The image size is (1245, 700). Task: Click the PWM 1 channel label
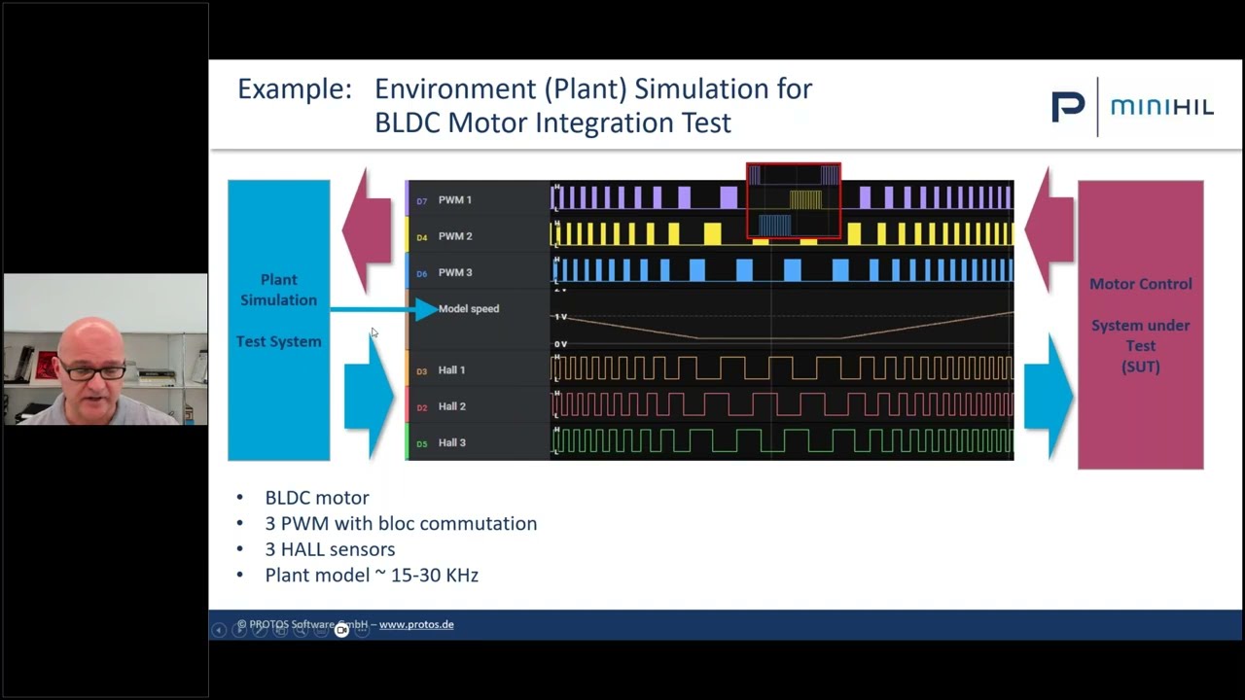coord(454,200)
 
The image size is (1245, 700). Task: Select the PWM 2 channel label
coord(454,236)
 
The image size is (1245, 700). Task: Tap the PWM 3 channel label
coord(454,273)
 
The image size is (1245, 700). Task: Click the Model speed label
coord(468,309)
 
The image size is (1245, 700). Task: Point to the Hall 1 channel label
coord(451,370)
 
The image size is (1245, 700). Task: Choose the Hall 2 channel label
coord(451,406)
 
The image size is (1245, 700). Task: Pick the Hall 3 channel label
coord(451,443)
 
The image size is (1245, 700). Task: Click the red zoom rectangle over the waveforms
coord(793,200)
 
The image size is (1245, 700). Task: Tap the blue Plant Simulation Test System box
coord(278,320)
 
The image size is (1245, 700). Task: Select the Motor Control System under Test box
coord(1140,325)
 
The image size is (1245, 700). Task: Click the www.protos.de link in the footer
coord(416,625)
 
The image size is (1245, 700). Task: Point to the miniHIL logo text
coord(1162,107)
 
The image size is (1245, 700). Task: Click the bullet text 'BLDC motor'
coord(316,498)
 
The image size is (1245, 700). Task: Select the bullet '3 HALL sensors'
coord(330,549)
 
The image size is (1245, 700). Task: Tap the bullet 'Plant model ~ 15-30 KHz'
coord(371,576)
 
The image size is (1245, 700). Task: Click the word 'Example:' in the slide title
coord(294,89)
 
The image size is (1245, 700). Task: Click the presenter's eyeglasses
coord(94,371)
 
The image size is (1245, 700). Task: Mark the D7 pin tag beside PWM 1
coord(421,201)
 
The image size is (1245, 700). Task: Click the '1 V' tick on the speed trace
coord(560,317)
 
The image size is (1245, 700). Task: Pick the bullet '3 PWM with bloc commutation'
coord(400,524)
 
